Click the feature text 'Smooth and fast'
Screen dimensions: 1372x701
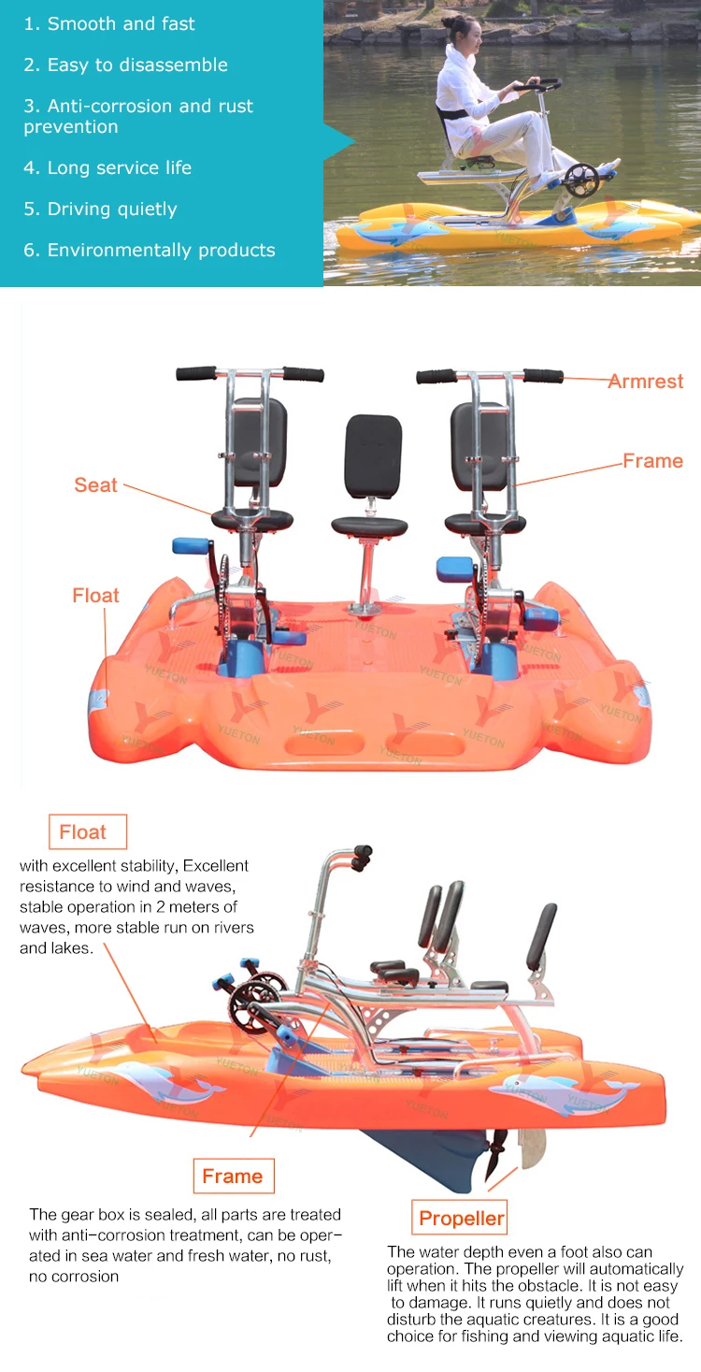click(x=121, y=23)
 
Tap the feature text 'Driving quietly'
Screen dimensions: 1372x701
click(x=111, y=209)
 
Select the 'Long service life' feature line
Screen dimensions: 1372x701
click(x=119, y=168)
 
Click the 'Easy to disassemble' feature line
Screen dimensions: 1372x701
click(x=136, y=65)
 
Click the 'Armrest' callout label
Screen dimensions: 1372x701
click(x=646, y=381)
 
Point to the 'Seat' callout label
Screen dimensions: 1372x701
click(x=96, y=484)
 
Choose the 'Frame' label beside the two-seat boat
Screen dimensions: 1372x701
click(x=653, y=460)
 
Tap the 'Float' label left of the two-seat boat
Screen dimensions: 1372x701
click(x=96, y=595)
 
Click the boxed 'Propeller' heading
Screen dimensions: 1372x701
click(x=461, y=1218)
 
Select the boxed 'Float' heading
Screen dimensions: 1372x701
click(x=82, y=831)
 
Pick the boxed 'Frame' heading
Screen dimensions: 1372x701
click(x=233, y=1176)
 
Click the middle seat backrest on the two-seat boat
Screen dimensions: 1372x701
click(x=374, y=455)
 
